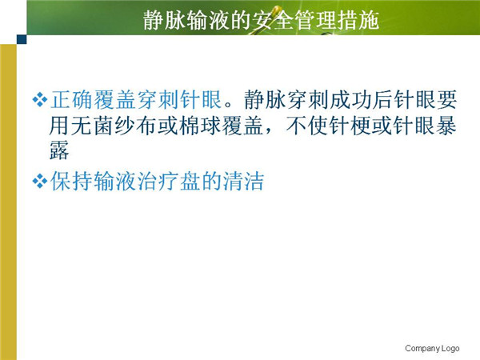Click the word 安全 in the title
tap(273, 20)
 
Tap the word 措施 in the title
tap(358, 20)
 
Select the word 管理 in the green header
tap(315, 20)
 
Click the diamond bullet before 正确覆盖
tap(40, 100)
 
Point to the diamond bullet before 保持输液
tap(40, 181)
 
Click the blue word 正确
tap(71, 100)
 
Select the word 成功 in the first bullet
tap(350, 100)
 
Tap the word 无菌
tap(93, 126)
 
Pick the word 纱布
tap(135, 126)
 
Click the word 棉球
tap(199, 126)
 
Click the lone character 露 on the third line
tap(59, 150)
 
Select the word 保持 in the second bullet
tap(71, 181)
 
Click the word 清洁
tap(243, 181)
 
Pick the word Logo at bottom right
tap(450, 348)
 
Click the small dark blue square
tap(22, 39)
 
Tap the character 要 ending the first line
tap(446, 100)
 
